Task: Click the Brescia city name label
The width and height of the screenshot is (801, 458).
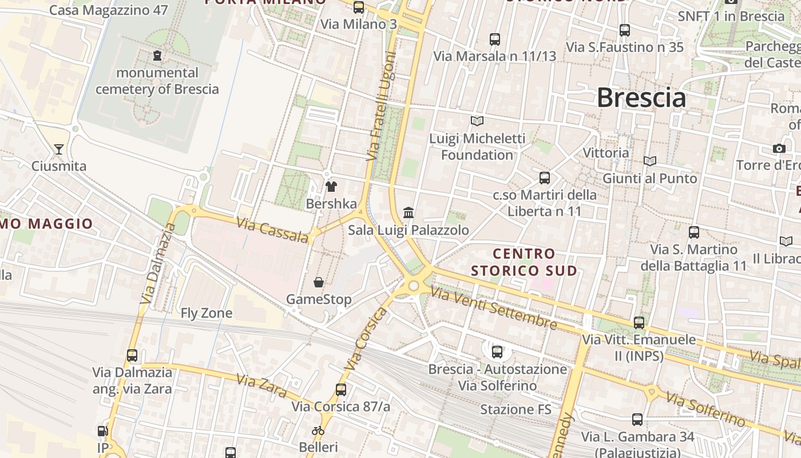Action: [x=641, y=98]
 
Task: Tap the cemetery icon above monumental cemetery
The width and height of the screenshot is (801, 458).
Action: [x=157, y=56]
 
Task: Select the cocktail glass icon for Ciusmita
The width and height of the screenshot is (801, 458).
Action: [x=58, y=149]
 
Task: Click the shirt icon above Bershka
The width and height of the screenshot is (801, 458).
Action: [x=331, y=186]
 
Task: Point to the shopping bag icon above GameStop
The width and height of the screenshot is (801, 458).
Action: [x=319, y=282]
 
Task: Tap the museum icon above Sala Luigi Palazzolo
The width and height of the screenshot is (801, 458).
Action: [x=409, y=213]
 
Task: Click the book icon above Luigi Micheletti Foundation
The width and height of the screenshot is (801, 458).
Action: [x=477, y=121]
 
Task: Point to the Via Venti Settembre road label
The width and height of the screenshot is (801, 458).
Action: [x=494, y=309]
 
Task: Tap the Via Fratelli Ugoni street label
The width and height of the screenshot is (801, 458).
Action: [x=382, y=106]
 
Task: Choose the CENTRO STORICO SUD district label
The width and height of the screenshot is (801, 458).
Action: [x=524, y=262]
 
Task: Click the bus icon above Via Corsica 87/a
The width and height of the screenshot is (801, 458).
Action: [x=341, y=390]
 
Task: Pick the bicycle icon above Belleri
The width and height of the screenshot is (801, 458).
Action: [x=318, y=431]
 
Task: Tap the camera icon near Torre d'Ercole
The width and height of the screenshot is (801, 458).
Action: [x=779, y=149]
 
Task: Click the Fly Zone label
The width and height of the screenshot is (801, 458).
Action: [x=207, y=313]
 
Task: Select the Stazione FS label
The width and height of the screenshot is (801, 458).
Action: [x=516, y=409]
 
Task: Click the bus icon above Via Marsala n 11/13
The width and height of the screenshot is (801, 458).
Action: [x=495, y=40]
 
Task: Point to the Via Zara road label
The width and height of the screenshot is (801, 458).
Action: [x=261, y=386]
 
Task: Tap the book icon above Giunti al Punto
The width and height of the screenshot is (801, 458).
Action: [x=650, y=161]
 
